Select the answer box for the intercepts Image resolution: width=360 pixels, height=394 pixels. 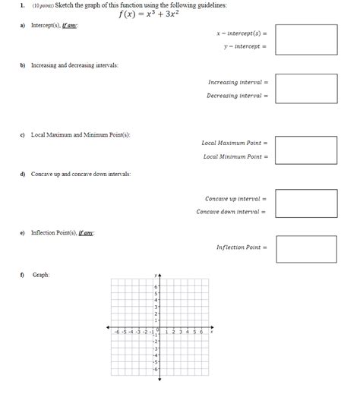point(306,39)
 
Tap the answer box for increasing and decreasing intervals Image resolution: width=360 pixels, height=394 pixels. point(306,89)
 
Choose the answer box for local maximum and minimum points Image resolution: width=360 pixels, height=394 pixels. point(306,150)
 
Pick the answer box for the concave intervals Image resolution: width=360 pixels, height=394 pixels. point(306,204)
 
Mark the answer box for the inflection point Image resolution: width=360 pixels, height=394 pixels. point(306,248)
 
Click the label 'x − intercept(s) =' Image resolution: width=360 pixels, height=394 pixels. point(242,33)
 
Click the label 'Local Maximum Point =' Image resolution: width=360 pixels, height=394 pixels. point(235,143)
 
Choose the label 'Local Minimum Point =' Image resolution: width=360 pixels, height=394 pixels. point(235,156)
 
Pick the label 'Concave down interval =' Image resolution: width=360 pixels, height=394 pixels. point(232,212)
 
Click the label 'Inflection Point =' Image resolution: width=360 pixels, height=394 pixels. point(242,247)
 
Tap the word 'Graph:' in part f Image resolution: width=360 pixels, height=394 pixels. point(41,275)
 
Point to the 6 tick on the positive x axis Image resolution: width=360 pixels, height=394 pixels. point(201,332)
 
